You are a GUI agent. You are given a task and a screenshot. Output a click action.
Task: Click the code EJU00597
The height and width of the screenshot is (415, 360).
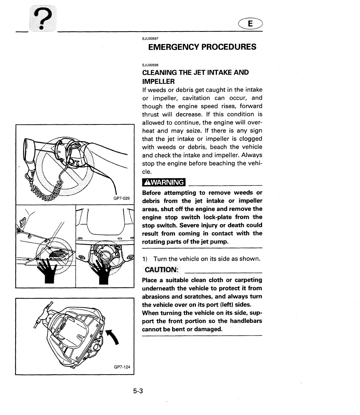pyautogui.click(x=149, y=38)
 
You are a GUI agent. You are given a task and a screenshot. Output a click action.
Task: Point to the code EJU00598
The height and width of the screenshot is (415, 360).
pyautogui.click(x=149, y=65)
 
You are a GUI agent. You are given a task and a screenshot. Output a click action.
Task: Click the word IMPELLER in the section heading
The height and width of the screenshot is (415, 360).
pyautogui.click(x=158, y=81)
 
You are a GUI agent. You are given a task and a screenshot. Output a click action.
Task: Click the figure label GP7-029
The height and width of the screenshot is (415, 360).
pyautogui.click(x=124, y=198)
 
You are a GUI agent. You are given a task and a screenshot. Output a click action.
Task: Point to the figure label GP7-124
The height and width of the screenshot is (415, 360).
pyautogui.click(x=122, y=367)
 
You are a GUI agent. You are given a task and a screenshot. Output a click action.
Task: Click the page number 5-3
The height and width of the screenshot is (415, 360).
pyautogui.click(x=138, y=391)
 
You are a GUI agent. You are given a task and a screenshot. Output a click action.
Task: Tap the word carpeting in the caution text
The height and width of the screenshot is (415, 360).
pyautogui.click(x=246, y=280)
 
